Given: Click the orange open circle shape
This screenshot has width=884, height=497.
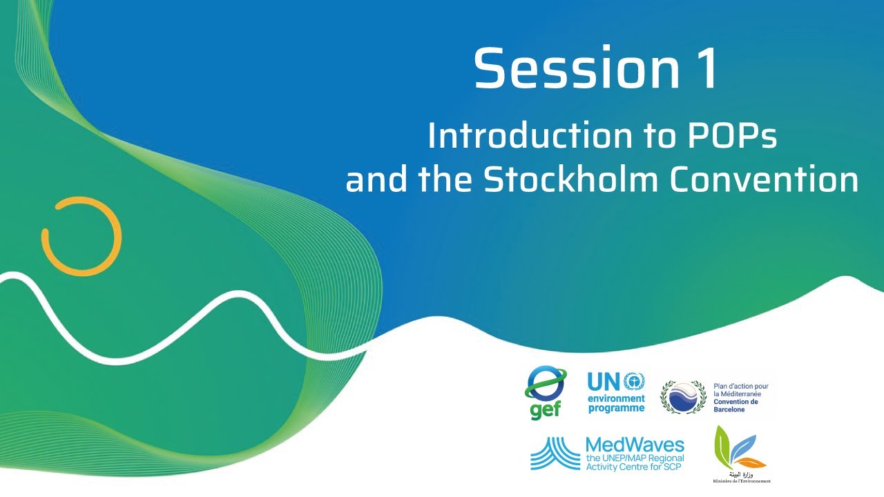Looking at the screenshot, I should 81,237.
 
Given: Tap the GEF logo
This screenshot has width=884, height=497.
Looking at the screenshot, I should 546,392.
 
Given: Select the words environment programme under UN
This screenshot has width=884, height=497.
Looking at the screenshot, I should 616,403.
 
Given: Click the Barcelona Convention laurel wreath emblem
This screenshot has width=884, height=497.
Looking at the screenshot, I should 683,396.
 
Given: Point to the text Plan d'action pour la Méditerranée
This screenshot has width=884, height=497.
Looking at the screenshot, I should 740,391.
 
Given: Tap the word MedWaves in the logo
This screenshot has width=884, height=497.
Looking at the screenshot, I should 634,445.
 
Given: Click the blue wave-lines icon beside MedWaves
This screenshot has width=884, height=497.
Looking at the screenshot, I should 555,454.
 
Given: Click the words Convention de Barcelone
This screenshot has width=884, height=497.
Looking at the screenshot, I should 736,405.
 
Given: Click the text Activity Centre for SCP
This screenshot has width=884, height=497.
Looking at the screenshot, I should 634,467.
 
